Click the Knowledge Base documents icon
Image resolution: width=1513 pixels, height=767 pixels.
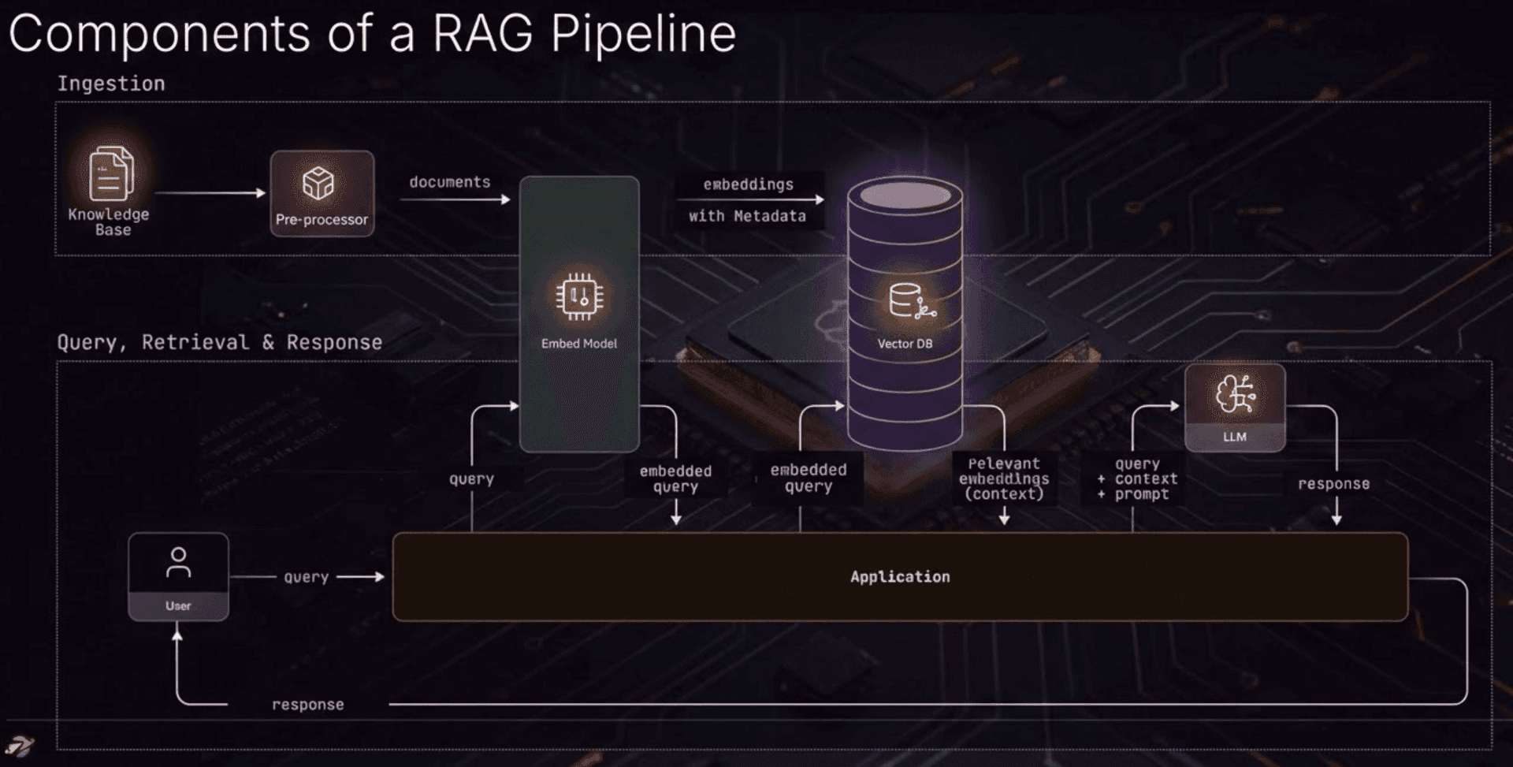click(x=110, y=173)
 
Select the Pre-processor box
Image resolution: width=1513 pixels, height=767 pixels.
click(x=322, y=194)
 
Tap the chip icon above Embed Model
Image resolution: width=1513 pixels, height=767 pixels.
click(x=579, y=297)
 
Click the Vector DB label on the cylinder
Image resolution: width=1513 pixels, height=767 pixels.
click(x=905, y=344)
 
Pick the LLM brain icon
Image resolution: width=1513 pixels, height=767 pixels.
click(x=1234, y=394)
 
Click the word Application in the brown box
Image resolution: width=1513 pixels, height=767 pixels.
click(x=900, y=577)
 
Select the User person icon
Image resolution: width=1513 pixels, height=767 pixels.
click(x=178, y=563)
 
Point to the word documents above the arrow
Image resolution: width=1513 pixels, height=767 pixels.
click(x=449, y=182)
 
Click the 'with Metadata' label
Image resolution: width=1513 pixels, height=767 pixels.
click(x=747, y=216)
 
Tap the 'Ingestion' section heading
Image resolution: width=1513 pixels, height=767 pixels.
click(x=111, y=84)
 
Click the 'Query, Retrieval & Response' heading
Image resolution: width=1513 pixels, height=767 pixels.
click(x=219, y=342)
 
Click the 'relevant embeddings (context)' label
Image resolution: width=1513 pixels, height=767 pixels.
click(x=1003, y=478)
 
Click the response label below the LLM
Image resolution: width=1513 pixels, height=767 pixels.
click(x=1333, y=484)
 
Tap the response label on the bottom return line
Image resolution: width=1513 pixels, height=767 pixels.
click(x=307, y=705)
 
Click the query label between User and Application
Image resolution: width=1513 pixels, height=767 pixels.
click(x=306, y=577)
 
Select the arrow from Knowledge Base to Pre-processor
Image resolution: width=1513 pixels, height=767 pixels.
click(x=210, y=192)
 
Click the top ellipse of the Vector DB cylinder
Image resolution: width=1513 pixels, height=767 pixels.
click(x=905, y=194)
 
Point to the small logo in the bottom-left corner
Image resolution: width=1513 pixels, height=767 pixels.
click(x=19, y=745)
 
